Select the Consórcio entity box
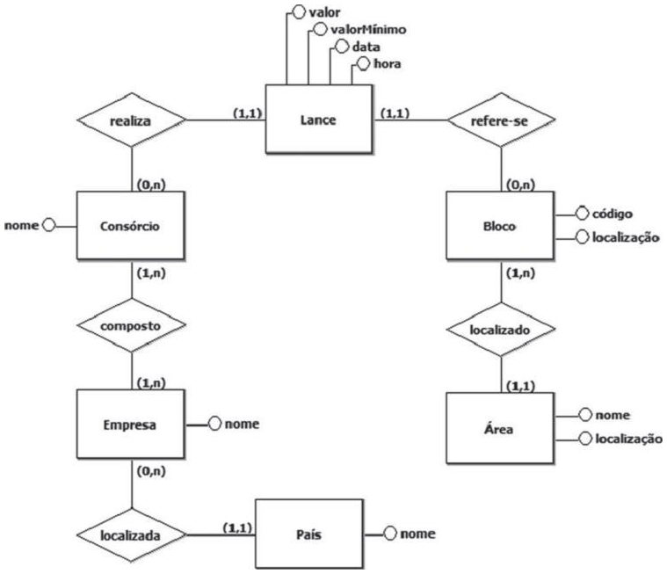[131, 226]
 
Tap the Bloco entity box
[500, 226]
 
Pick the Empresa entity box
[131, 425]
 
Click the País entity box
[308, 534]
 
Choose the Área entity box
[500, 429]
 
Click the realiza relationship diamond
[131, 119]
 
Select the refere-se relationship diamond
[501, 119]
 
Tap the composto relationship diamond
[131, 324]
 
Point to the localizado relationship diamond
[500, 330]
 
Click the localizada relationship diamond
[131, 534]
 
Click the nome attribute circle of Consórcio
[47, 225]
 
